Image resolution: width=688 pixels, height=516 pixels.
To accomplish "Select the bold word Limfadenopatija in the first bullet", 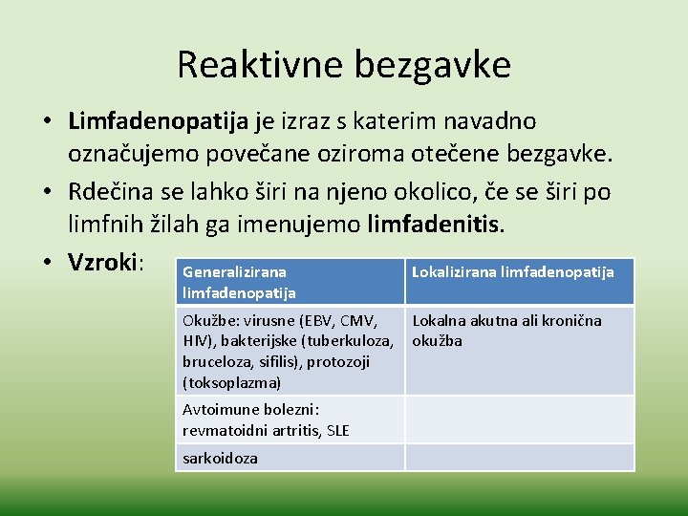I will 158,121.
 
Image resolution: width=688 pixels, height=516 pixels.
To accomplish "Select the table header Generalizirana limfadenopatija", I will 239,282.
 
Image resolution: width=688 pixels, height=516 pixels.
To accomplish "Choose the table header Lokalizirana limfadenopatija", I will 512,272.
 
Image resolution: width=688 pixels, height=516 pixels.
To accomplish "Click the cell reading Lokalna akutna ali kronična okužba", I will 506,331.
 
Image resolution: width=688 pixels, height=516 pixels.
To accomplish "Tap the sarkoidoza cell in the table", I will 219,458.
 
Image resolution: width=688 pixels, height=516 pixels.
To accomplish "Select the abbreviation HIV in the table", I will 195,341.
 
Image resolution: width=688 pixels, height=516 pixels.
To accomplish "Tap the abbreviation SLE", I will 337,430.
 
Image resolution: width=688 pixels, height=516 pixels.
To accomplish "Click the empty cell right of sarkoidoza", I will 519,458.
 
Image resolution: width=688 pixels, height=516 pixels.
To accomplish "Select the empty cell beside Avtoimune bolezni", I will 519,419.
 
